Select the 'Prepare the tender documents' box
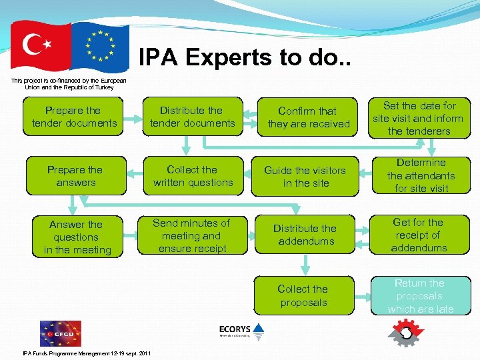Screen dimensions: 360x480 coord(73,117)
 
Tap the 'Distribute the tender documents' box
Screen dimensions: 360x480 coord(192,117)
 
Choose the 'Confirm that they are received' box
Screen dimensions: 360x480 coord(308,117)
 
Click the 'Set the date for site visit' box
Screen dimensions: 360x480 coord(419,118)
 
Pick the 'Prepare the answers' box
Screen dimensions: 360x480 coord(76,176)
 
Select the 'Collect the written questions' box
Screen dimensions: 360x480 coord(193,176)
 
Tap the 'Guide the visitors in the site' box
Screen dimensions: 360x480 coord(305,177)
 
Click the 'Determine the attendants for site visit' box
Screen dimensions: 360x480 coord(421,175)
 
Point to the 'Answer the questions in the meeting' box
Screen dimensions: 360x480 coord(76,237)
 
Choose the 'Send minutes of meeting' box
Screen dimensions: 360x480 coord(192,236)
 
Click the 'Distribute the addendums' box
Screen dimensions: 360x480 coord(305,235)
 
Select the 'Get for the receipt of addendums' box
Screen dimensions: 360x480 coord(419,235)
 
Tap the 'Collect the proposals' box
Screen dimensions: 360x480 coord(303,295)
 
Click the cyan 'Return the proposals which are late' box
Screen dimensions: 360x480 coord(420,295)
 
